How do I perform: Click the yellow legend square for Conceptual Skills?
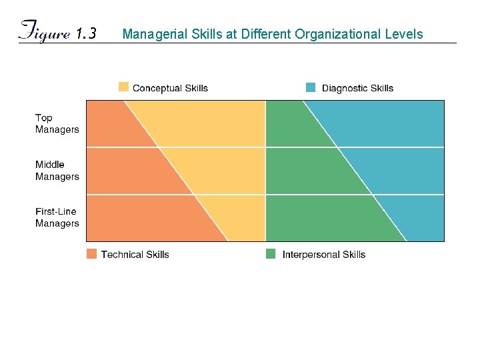coord(123,87)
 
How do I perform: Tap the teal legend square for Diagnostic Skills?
coord(311,87)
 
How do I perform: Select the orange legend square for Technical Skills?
coord(91,253)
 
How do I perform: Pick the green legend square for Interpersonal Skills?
coord(271,253)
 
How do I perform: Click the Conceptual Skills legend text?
coord(170,88)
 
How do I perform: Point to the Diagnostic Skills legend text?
coord(357,88)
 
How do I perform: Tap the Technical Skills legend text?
coord(135,254)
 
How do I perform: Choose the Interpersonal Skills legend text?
coord(323,254)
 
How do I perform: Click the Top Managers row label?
coord(57,124)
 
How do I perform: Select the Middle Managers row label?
coord(57,171)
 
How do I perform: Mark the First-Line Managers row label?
coord(57,218)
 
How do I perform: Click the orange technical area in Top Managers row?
coord(110,124)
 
